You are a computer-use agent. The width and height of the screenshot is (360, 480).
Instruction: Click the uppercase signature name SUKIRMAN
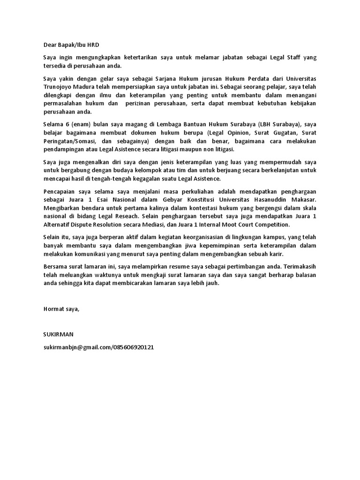pos(58,334)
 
